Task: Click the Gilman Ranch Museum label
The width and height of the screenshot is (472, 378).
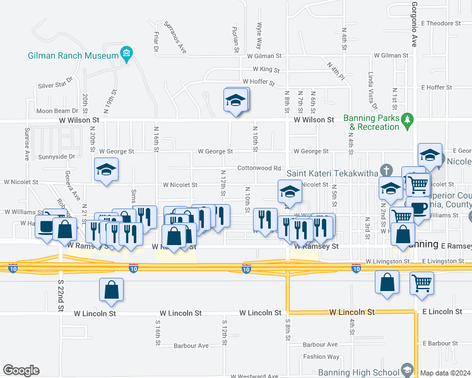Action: [73, 55]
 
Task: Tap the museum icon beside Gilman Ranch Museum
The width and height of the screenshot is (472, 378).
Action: [127, 55]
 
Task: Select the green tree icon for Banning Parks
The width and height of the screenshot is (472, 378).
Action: [408, 118]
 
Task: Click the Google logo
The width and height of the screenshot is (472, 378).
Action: [21, 370]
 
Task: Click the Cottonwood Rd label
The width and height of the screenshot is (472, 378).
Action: [259, 168]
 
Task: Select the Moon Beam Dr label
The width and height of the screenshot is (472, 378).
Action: [57, 111]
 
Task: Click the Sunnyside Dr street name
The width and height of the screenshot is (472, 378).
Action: [57, 156]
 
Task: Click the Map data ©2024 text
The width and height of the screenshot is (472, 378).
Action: [445, 373]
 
